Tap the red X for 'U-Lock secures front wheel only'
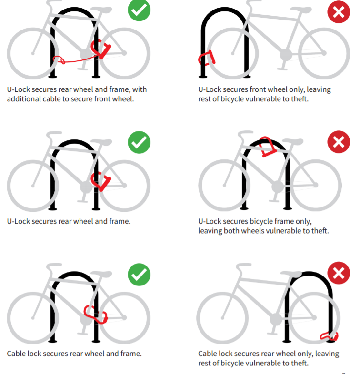tap(338, 11)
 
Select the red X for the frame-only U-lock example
tap(338, 142)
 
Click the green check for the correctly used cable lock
tap(139, 274)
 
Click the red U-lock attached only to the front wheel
tap(206, 58)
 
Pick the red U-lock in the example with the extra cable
tap(101, 48)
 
